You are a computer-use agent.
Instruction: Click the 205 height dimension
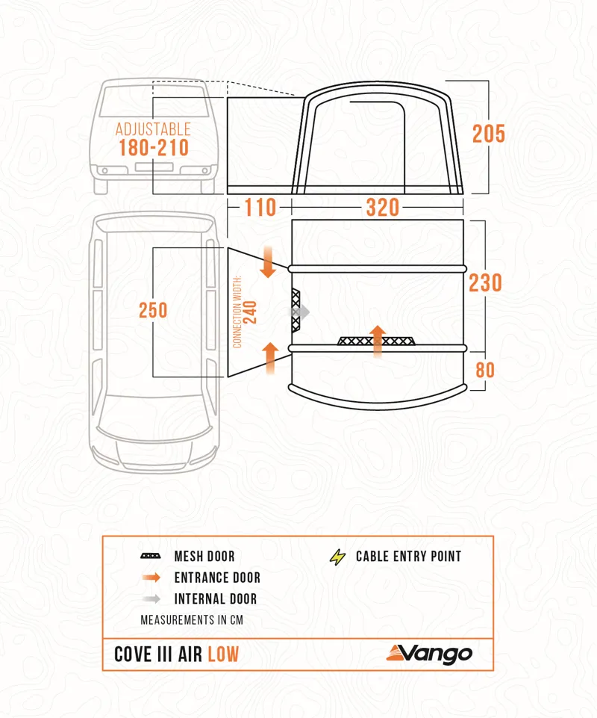(488, 134)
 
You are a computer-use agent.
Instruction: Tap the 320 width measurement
(382, 207)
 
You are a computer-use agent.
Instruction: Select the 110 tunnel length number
(260, 207)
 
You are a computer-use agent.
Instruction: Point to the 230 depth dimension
(486, 283)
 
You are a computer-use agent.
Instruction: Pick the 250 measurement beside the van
(153, 310)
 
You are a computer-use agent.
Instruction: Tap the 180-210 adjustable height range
(154, 147)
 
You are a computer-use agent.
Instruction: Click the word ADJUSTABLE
(154, 129)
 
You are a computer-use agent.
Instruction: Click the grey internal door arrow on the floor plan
(299, 312)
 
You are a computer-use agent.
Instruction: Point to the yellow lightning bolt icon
(338, 557)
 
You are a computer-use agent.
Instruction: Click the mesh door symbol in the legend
(150, 557)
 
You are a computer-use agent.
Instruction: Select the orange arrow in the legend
(150, 578)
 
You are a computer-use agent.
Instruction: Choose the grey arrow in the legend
(150, 599)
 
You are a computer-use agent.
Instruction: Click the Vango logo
(429, 653)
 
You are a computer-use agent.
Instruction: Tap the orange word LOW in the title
(223, 654)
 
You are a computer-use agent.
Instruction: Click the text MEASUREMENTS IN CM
(192, 620)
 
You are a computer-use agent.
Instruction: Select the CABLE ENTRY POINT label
(408, 557)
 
